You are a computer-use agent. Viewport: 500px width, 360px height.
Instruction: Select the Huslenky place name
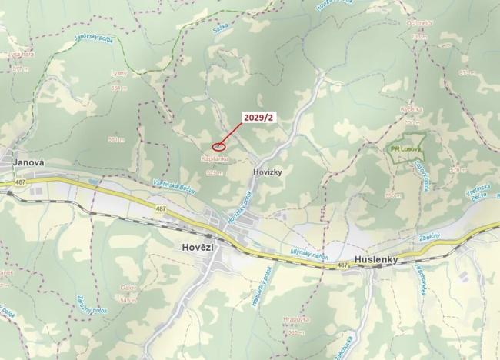pos(375,260)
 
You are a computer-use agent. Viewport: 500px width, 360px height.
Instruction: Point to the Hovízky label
pos(268,173)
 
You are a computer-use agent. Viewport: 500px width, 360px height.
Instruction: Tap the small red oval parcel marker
pos(218,144)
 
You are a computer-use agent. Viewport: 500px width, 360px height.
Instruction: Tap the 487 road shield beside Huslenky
pos(342,265)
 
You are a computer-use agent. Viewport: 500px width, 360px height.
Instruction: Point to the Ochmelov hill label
pos(418,23)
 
